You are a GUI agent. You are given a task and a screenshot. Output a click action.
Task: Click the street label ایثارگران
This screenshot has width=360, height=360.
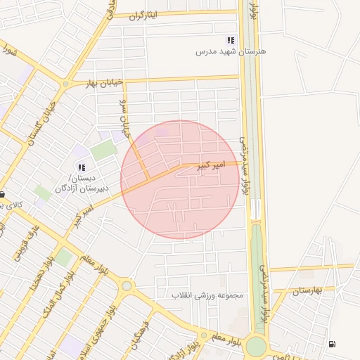146,14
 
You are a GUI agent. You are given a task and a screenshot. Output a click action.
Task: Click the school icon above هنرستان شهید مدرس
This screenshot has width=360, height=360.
230,41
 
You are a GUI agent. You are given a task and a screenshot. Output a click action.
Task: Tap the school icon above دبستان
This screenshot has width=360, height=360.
82,167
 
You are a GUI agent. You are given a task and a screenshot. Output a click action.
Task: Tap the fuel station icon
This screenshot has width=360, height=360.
331,344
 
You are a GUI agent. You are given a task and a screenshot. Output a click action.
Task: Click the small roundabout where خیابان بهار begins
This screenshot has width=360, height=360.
66,84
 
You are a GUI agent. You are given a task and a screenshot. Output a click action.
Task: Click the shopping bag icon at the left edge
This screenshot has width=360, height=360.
3,195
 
